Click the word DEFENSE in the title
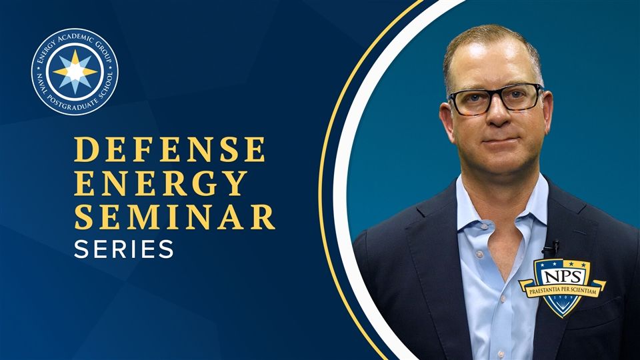click(169, 149)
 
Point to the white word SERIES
click(124, 249)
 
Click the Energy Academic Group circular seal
click(75, 71)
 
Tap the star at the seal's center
click(75, 72)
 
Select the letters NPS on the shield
click(563, 277)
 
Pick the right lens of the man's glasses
click(521, 97)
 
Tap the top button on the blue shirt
click(479, 254)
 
